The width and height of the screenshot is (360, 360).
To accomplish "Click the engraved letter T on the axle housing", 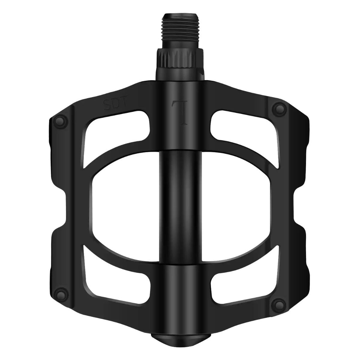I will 180,112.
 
